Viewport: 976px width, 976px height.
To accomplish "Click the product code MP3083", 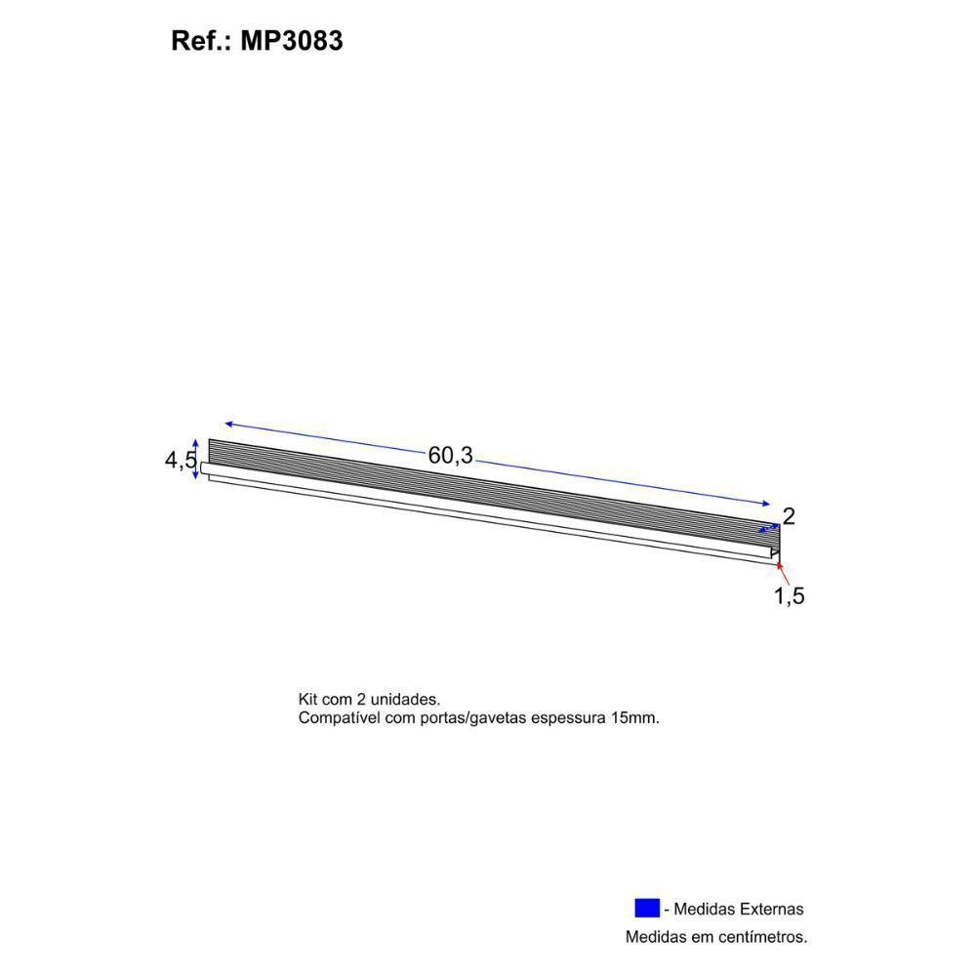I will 291,42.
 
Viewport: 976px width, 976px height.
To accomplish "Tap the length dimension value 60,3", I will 450,455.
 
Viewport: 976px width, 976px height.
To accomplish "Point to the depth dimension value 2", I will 789,516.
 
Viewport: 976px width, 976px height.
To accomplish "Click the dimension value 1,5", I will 789,596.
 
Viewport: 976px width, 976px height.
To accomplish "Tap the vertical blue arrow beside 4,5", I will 197,458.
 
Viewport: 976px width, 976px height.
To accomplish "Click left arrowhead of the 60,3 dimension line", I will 228,424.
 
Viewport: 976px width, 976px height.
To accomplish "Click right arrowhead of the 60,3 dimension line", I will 766,504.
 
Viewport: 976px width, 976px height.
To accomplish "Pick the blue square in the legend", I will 646,908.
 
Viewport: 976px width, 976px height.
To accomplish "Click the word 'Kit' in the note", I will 308,700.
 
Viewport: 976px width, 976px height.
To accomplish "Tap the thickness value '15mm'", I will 635,718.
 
